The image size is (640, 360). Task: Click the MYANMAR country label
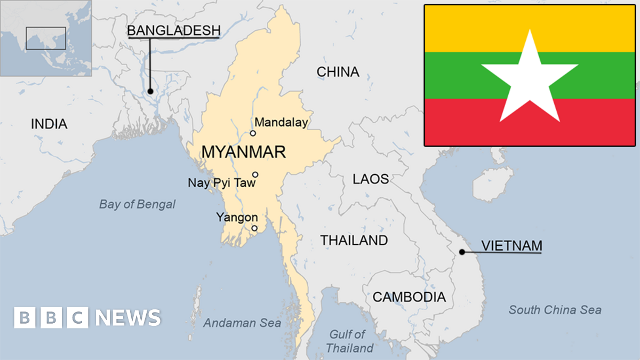[243, 152]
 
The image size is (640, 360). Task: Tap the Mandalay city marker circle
[253, 133]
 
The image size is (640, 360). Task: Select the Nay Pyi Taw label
[221, 183]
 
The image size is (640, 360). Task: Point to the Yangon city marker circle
[254, 228]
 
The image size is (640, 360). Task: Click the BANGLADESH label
[173, 31]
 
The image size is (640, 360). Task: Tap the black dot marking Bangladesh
[150, 91]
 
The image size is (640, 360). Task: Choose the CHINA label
[338, 72]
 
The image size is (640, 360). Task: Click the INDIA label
[49, 124]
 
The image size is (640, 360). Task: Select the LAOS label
[371, 179]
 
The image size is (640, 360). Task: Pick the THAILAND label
[354, 241]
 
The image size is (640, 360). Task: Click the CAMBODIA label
[409, 297]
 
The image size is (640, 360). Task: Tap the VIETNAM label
[511, 246]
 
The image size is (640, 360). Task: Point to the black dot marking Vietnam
[462, 252]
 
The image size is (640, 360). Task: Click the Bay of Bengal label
[137, 204]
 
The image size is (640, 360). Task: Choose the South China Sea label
[555, 310]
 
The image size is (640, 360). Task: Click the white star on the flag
[530, 78]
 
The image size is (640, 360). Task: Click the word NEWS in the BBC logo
[128, 318]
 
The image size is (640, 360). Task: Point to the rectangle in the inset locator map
[46, 38]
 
